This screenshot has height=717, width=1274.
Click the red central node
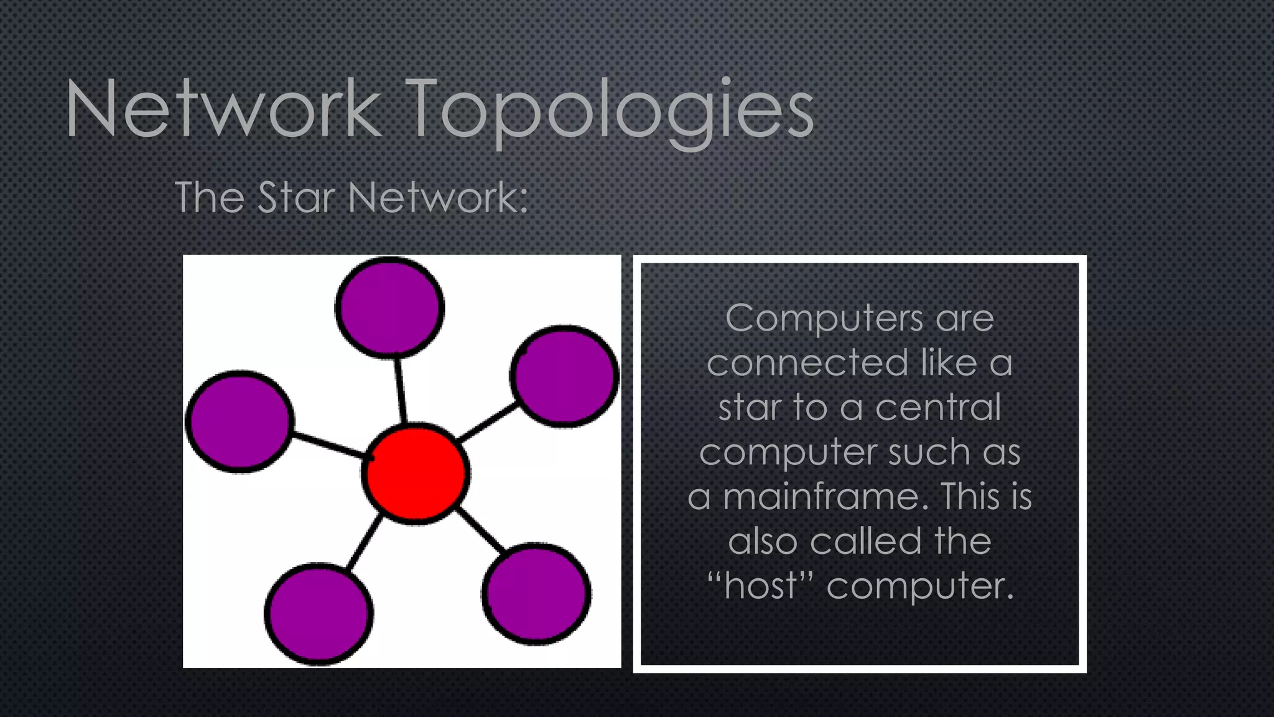tap(415, 473)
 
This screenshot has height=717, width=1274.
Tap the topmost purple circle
tap(389, 307)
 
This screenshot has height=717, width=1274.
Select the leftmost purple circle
tap(239, 421)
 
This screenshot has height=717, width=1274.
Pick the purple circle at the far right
tap(564, 376)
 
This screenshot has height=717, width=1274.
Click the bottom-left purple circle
tap(319, 614)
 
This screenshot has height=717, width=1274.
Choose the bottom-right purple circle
tap(536, 593)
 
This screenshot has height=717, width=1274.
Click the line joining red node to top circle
tap(401, 391)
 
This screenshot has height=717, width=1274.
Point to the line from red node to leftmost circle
tap(328, 446)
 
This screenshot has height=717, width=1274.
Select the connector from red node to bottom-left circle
tap(364, 542)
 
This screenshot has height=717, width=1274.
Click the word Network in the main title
tap(223, 110)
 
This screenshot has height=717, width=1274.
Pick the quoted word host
tap(760, 586)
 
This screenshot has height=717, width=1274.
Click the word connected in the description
tap(807, 363)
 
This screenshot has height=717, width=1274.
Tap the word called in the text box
tap(866, 541)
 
